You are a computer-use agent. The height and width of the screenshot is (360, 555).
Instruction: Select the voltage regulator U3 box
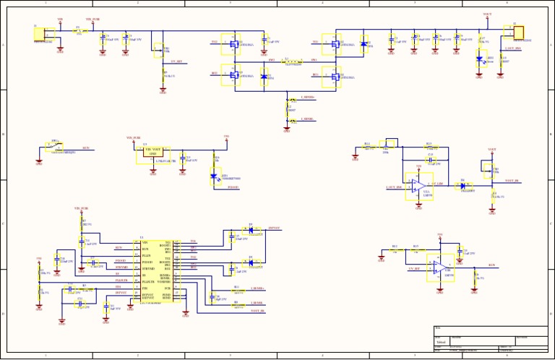coord(152,153)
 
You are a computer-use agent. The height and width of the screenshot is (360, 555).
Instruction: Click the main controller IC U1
coord(156,272)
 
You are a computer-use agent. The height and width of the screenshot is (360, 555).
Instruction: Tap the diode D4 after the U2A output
coord(462,186)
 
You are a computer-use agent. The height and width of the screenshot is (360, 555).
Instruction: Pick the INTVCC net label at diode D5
coord(274,228)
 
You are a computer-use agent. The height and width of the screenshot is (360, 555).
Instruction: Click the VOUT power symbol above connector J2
coord(487,14)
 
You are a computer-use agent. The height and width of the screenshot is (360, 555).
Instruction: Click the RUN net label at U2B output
coord(491,265)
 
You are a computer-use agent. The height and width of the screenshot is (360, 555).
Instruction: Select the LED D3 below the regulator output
coord(214,176)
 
